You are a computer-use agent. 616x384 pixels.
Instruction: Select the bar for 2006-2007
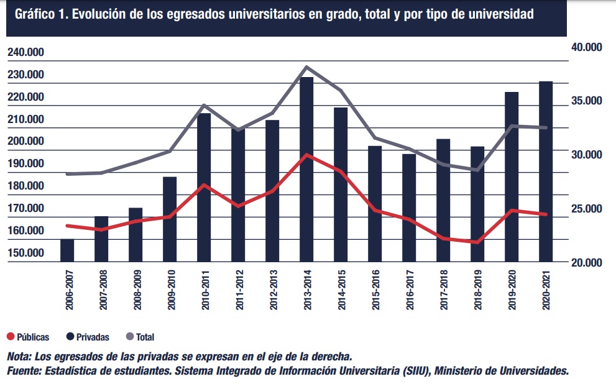click(x=67, y=250)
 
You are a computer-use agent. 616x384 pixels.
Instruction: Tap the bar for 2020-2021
click(x=546, y=171)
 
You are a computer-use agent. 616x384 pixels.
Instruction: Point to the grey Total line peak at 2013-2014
click(x=307, y=66)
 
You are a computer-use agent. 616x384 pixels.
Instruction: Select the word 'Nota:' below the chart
click(x=19, y=357)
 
